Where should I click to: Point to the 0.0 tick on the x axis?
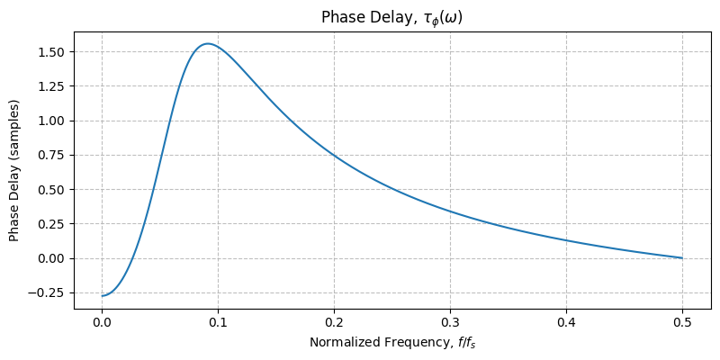102,321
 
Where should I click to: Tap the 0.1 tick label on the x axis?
218,321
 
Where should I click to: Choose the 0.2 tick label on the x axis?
334,321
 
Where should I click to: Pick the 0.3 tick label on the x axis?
450,321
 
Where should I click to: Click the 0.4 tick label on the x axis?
566,321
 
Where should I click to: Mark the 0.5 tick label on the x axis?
682,321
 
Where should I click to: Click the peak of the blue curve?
208,43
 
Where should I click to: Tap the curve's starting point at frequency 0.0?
102,296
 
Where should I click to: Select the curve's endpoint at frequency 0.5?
682,258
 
